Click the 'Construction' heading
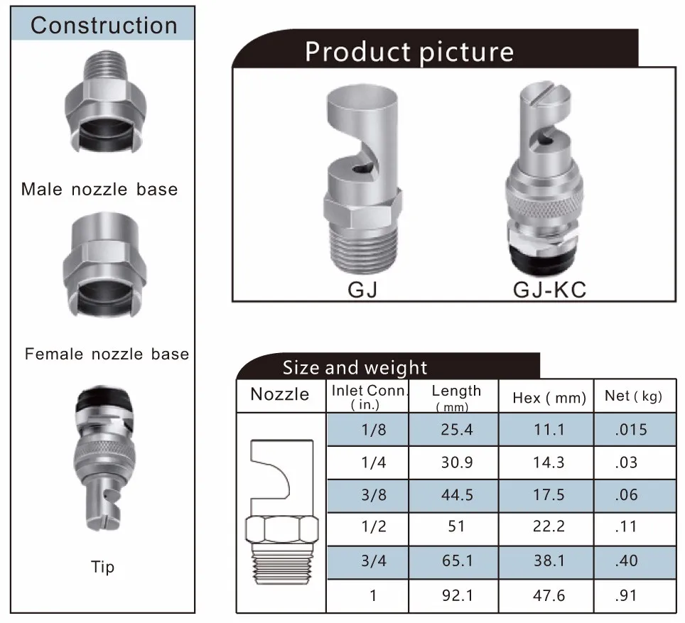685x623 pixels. tap(104, 26)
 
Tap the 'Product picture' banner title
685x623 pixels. tap(409, 52)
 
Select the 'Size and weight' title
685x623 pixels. tap(355, 367)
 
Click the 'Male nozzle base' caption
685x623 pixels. tap(99, 189)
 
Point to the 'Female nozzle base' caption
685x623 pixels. tap(107, 354)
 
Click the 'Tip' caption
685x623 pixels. tap(102, 567)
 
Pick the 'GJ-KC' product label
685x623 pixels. tap(549, 290)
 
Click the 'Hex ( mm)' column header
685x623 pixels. tap(549, 398)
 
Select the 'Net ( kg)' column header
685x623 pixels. tap(633, 396)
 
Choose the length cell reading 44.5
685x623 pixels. tap(457, 495)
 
